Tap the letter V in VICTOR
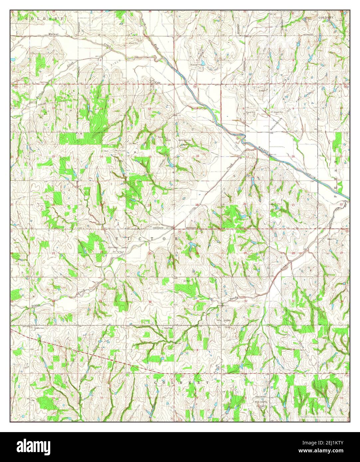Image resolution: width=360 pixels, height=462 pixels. [117, 239]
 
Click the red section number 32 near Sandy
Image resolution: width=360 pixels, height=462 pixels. [246, 301]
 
